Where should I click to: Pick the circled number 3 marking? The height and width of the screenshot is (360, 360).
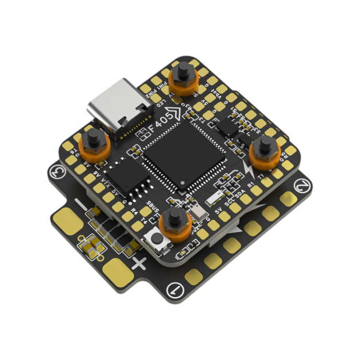click(x=56, y=170)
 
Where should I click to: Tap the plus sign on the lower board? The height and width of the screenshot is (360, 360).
click(x=139, y=264)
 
